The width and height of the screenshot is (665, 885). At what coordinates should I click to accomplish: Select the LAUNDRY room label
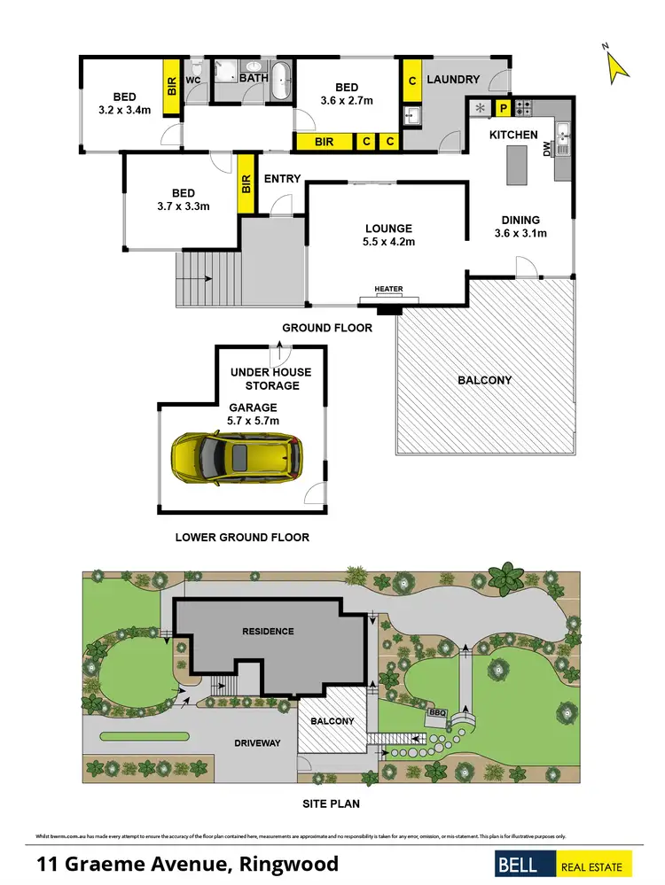453,80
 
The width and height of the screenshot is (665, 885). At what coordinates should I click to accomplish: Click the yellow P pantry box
503,109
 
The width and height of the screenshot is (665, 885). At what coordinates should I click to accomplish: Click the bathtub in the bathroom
282,82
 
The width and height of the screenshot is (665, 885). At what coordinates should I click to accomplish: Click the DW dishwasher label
547,151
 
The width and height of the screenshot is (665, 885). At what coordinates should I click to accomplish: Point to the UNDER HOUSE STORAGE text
270,379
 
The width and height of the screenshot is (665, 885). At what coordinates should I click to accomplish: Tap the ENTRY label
283,179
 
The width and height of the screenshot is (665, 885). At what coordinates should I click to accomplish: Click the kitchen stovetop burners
524,109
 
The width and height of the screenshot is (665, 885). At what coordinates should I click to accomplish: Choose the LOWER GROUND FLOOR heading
242,537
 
